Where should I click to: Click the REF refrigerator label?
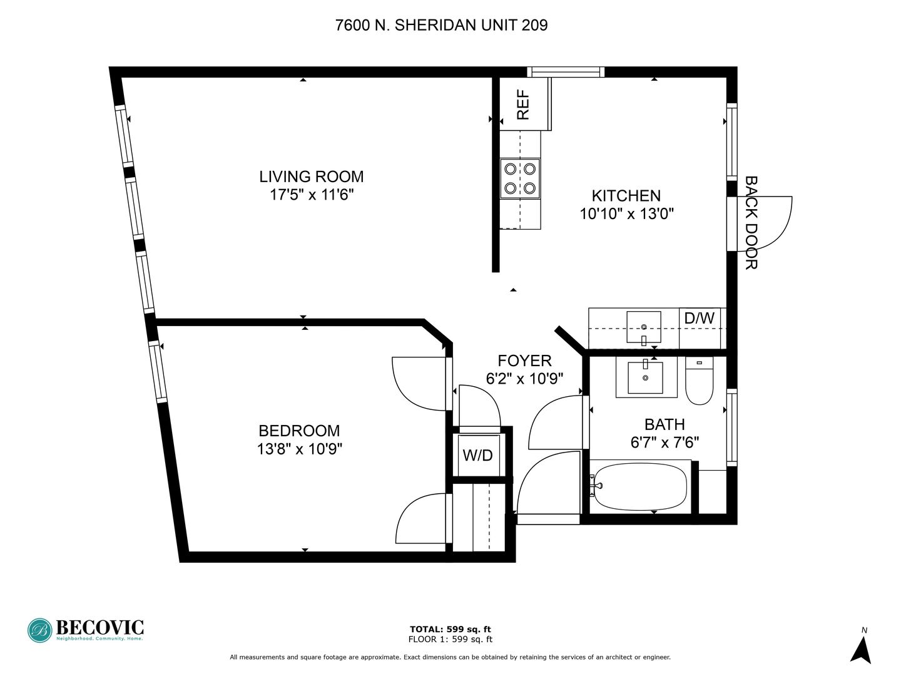[x=523, y=105]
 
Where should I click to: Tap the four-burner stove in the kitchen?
[x=520, y=178]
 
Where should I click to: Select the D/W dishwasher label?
[x=699, y=318]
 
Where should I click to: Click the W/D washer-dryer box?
[x=479, y=455]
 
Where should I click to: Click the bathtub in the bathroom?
[x=640, y=486]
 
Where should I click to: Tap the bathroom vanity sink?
[x=645, y=377]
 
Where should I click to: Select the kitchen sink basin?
[x=644, y=327]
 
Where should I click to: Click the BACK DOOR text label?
[x=751, y=223]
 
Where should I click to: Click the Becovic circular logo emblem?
[x=40, y=630]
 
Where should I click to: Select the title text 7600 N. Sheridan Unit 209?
[x=442, y=26]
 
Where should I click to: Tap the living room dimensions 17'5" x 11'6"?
[x=312, y=195]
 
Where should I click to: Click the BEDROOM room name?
[x=299, y=431]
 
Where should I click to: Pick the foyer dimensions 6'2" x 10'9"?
[x=524, y=379]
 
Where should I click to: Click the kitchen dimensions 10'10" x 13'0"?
[x=627, y=214]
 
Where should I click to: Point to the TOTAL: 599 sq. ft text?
[x=450, y=629]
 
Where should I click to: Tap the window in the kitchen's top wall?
[x=566, y=72]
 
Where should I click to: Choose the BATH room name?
[x=664, y=424]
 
